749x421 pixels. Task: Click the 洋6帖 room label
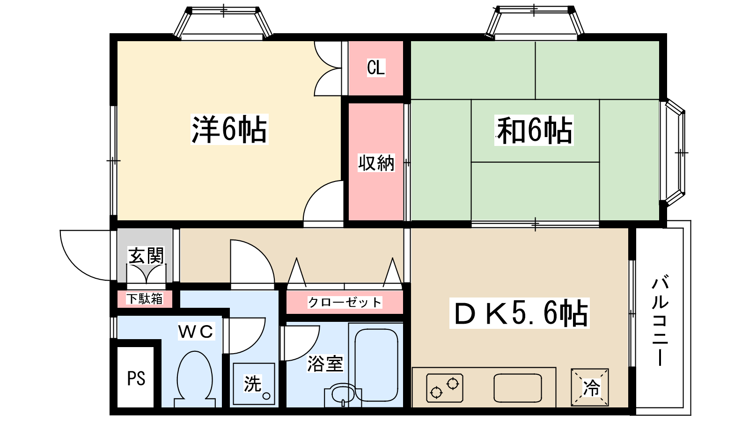coord(229,129)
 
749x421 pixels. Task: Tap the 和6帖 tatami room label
coord(534,131)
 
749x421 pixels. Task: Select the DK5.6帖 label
coord(520,313)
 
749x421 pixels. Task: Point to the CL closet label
coord(376,67)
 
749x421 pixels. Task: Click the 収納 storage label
coord(376,163)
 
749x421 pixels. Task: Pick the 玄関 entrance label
coord(146,255)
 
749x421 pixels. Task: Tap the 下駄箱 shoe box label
coord(145,299)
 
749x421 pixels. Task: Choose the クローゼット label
coord(345,302)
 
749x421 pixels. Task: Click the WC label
coord(196,332)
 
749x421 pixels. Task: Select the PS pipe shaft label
coord(136,378)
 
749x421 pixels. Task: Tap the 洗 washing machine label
coord(252,384)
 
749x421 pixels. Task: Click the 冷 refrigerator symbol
coord(589,388)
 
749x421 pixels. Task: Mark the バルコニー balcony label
coord(660,320)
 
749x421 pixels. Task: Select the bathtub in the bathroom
coord(376,365)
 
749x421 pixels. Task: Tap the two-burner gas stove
coord(445,388)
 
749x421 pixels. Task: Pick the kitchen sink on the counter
coord(518,388)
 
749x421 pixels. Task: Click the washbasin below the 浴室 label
coord(343,395)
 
